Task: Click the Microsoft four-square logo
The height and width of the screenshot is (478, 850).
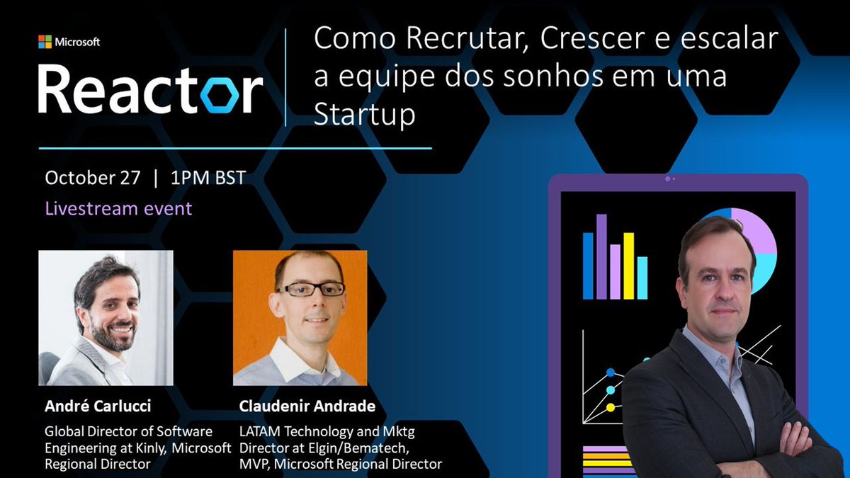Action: [x=45, y=42]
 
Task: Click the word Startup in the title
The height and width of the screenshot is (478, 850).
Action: [x=364, y=115]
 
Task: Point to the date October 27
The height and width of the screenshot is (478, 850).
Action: [x=91, y=178]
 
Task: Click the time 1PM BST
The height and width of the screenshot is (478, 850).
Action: [x=208, y=178]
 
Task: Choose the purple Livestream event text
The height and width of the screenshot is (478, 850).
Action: [x=118, y=209]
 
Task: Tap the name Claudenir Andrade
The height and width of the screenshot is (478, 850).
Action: [x=307, y=406]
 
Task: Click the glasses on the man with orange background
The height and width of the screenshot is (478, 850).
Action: [x=311, y=289]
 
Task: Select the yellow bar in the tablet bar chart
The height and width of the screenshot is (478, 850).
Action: [x=628, y=266]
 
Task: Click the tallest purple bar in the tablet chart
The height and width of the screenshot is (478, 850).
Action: [x=601, y=256]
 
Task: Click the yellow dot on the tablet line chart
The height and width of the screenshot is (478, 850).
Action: [x=611, y=407]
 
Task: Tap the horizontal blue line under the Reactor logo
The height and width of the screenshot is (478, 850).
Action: [x=234, y=149]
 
